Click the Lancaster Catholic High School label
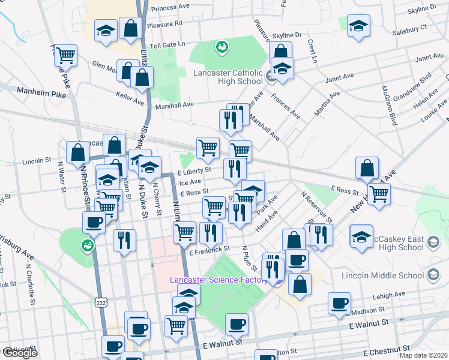[228, 77]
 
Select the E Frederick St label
[209, 248]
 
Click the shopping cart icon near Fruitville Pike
[65, 56]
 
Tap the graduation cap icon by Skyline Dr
[358, 25]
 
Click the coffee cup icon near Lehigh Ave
[340, 303]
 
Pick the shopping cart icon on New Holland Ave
[379, 194]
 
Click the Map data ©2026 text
[423, 355]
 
